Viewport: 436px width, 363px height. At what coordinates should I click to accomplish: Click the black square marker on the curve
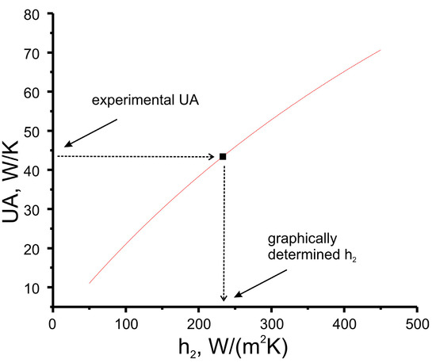pyautogui.click(x=223, y=156)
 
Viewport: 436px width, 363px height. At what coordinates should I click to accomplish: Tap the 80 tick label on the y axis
pyautogui.click(x=33, y=13)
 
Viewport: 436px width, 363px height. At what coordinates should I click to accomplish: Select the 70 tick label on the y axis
pyautogui.click(x=33, y=52)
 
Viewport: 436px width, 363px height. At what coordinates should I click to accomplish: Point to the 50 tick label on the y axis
pyautogui.click(x=33, y=132)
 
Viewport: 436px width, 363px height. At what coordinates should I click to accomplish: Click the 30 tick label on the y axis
pyautogui.click(x=33, y=210)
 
